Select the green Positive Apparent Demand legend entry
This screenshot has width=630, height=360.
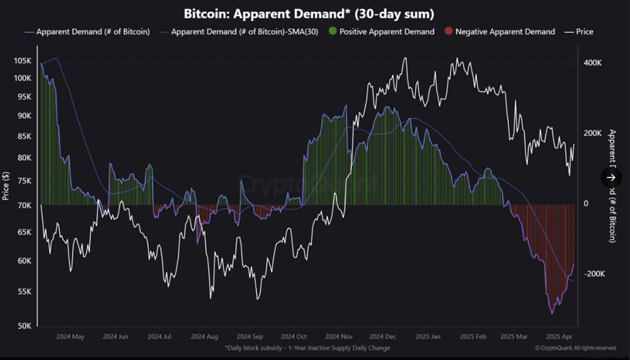pos(381,32)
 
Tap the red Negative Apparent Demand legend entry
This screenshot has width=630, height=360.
pos(499,32)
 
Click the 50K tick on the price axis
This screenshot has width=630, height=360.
pos(23,326)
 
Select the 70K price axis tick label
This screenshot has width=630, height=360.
pos(23,205)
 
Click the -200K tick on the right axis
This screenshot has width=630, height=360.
pos(595,274)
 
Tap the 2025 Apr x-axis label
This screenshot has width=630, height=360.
pos(558,337)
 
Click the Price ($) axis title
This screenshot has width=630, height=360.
pos(6,186)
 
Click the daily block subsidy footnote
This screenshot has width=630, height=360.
pos(307,348)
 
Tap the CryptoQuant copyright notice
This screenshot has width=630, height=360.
pos(575,348)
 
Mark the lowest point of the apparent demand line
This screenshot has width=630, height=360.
pos(552,313)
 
